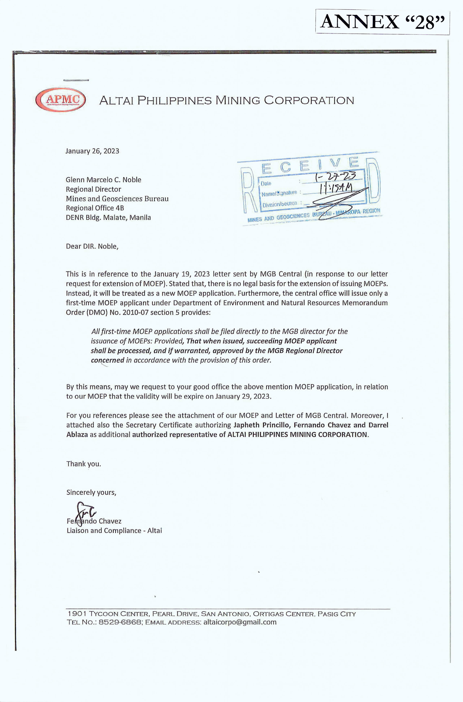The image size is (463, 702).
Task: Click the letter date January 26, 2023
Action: [x=92, y=151]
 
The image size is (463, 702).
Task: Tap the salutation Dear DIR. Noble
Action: [x=92, y=246]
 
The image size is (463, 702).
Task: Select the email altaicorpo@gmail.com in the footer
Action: [x=240, y=622]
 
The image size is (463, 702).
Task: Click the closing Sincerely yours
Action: [x=91, y=492]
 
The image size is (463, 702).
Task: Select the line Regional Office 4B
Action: [x=95, y=208]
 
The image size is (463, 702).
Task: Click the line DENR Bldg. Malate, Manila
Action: [x=108, y=218]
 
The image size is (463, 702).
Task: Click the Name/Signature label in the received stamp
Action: [x=279, y=193]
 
